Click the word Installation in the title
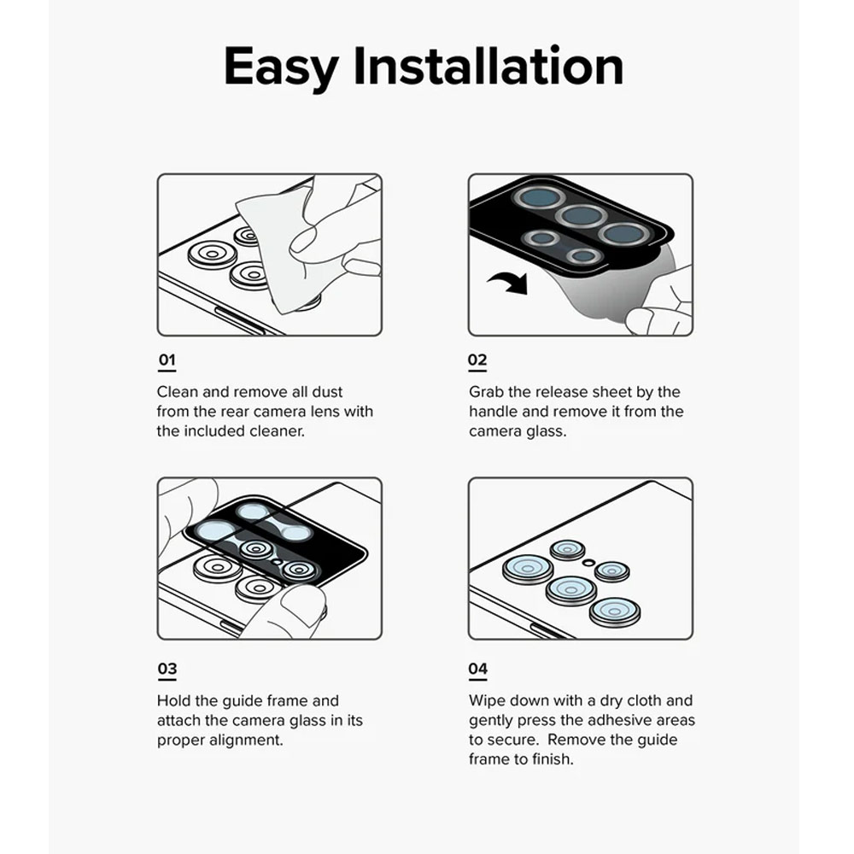coord(488,66)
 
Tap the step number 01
coord(167,360)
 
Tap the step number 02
coord(477,360)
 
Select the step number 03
coord(167,669)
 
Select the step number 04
coord(477,669)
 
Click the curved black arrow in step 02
coord(510,282)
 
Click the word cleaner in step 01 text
coord(277,430)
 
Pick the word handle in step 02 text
coord(493,412)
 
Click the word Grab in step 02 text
coord(486,392)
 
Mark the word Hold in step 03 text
coord(173,700)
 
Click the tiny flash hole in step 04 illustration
coord(588,562)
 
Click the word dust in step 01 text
coord(327,392)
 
